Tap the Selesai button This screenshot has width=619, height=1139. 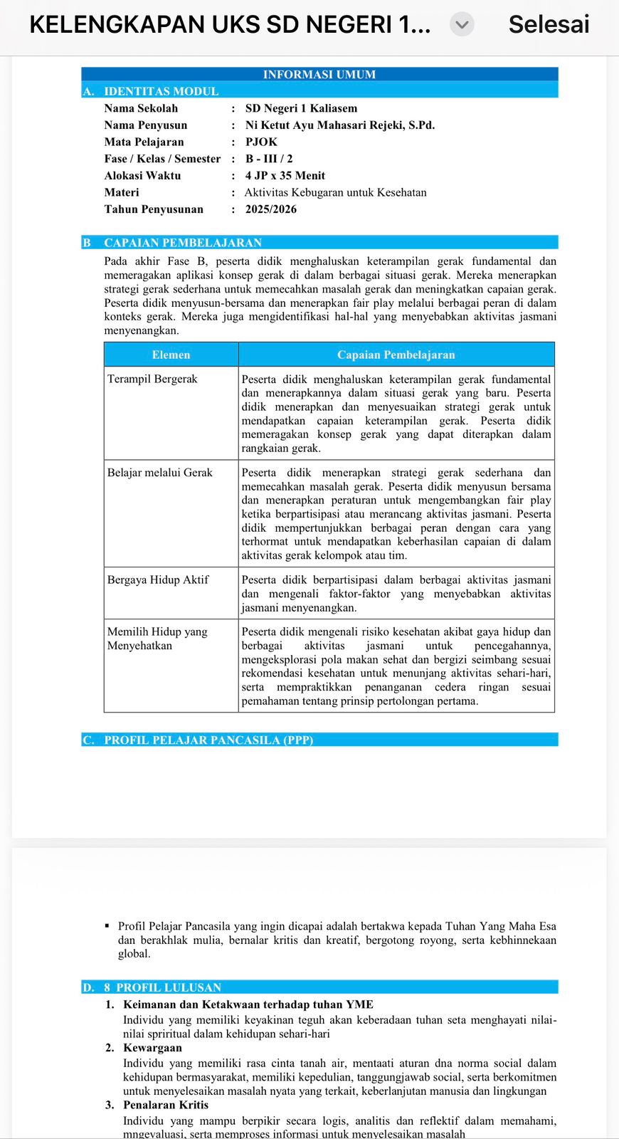tap(549, 24)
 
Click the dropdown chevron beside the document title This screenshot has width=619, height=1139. tap(462, 25)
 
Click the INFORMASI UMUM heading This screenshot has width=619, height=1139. tap(319, 74)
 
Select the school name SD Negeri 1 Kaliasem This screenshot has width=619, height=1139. tap(301, 108)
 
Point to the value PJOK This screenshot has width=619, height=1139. tap(261, 142)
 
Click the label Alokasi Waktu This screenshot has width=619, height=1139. tap(142, 175)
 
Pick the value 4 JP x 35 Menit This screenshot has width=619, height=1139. tap(285, 175)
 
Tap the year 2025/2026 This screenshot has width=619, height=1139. tap(270, 209)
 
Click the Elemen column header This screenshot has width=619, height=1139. tap(171, 355)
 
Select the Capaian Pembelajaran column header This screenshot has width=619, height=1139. tap(396, 355)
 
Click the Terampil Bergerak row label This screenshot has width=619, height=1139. tap(152, 379)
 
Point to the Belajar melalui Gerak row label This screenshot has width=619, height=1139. tap(159, 472)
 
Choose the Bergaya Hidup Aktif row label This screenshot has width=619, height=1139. tap(158, 579)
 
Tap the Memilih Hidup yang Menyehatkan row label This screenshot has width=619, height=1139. tap(157, 639)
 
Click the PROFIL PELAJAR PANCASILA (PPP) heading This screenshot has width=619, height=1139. tap(208, 740)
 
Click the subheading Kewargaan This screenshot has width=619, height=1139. tap(152, 1048)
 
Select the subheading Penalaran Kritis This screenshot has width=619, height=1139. tap(166, 1105)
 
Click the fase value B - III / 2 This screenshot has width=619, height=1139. tap(269, 159)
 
